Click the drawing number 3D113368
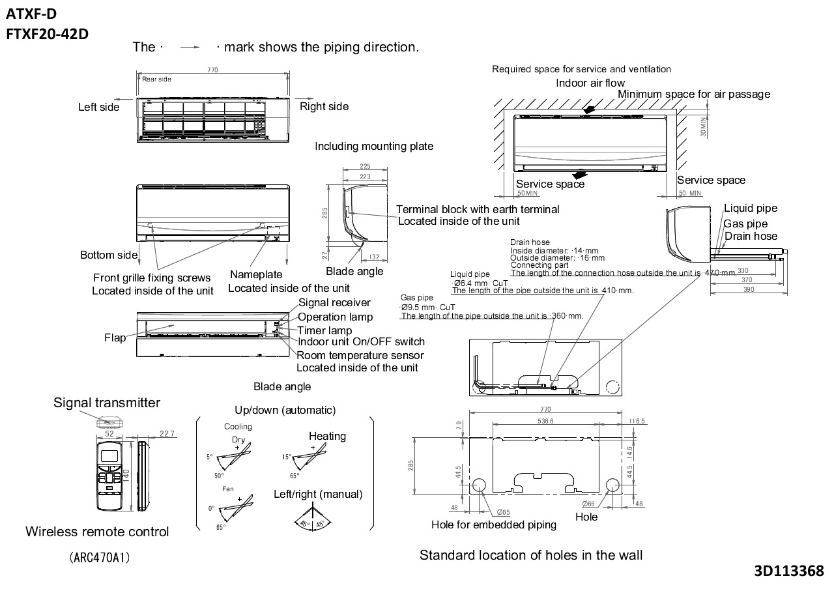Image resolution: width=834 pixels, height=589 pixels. tap(788, 571)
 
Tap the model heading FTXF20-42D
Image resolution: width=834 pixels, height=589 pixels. tap(47, 35)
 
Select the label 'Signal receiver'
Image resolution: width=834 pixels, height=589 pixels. tap(334, 302)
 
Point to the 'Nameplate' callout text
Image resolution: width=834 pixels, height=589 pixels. tap(256, 275)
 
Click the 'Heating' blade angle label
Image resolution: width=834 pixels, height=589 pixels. tap(327, 436)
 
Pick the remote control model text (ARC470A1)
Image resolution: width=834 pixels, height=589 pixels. tap(98, 558)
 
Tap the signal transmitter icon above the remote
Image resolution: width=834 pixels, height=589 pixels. tap(109, 422)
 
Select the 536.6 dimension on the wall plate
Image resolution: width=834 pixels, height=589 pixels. tap(545, 421)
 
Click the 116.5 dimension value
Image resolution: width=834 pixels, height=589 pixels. tap(636, 421)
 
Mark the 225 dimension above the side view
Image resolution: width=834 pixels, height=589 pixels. tap(366, 167)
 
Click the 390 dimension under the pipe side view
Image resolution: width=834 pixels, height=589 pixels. tap(748, 290)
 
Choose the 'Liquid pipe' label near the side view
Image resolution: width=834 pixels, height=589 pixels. tap(751, 208)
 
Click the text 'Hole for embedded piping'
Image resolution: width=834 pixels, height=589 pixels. tap(494, 524)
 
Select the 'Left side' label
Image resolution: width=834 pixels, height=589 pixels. tap(99, 107)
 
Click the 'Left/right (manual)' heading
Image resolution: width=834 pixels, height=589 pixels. tap(318, 494)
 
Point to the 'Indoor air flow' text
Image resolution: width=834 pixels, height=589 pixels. tap(590, 83)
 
